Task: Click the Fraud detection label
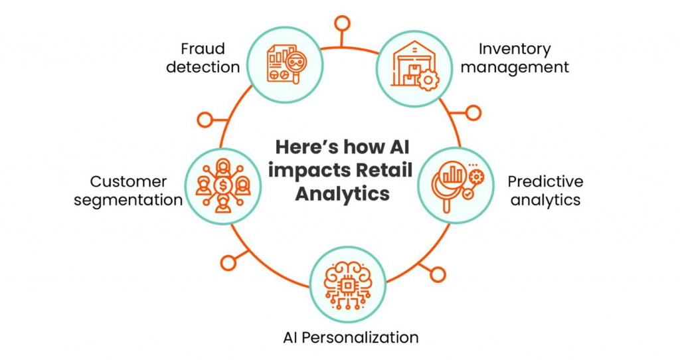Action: (203, 58)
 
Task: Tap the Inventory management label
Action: (515, 58)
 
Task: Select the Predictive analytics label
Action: (546, 191)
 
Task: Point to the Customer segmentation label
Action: (128, 191)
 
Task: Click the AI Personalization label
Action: (351, 337)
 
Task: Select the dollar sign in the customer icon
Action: (223, 186)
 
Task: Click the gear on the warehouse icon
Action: (428, 80)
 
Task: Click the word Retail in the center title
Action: (383, 171)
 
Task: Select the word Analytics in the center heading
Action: (342, 194)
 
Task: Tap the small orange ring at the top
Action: (342, 23)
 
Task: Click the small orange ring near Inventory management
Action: (473, 113)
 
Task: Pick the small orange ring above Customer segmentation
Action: (205, 120)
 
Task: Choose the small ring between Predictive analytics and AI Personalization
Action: (438, 274)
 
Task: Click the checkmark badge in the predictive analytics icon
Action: (467, 195)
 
